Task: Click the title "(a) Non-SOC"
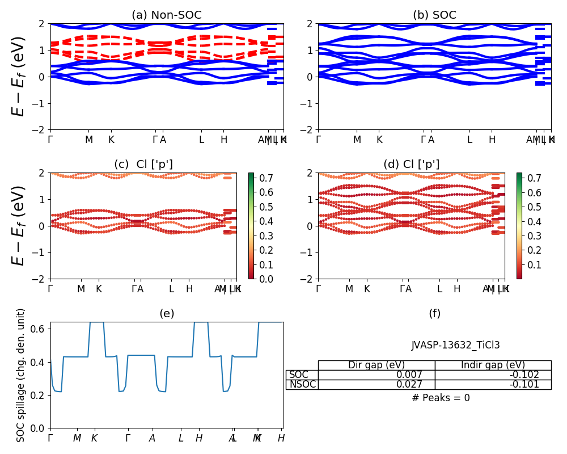coord(166,15)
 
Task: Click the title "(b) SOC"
coord(434,15)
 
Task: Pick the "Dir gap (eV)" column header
coord(376,365)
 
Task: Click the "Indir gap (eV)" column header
coord(493,365)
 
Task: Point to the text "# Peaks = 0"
coord(441,398)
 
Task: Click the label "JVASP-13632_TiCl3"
coord(456,345)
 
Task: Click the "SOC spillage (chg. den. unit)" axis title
coord(22,375)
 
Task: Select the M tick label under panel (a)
coord(89,140)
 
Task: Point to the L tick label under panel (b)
coord(469,140)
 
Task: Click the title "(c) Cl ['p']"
coord(143,165)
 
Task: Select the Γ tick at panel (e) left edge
coord(50,438)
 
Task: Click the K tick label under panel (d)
coord(367,289)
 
